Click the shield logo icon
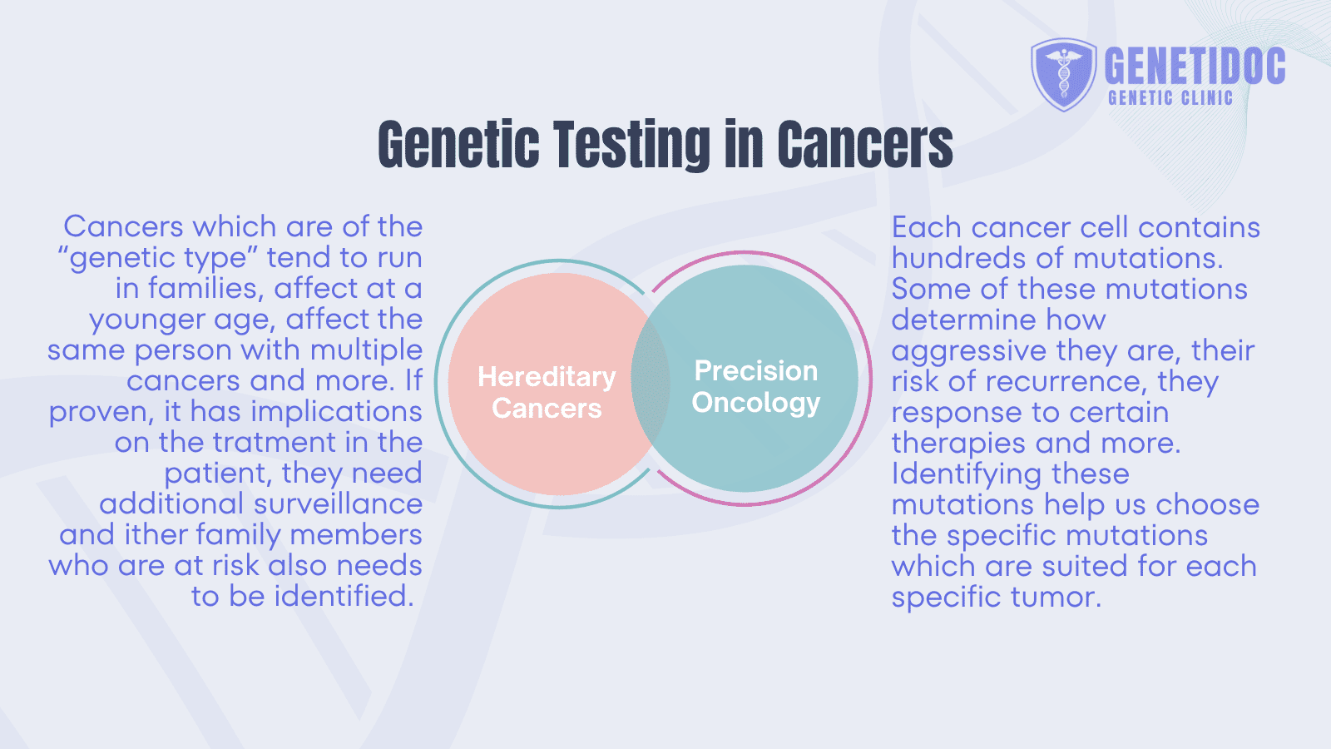tap(1063, 75)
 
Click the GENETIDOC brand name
tap(1195, 66)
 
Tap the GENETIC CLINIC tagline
tap(1170, 98)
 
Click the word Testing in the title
tap(630, 145)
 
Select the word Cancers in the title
tap(864, 145)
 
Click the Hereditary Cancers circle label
tap(547, 392)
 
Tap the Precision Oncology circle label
tap(755, 386)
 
